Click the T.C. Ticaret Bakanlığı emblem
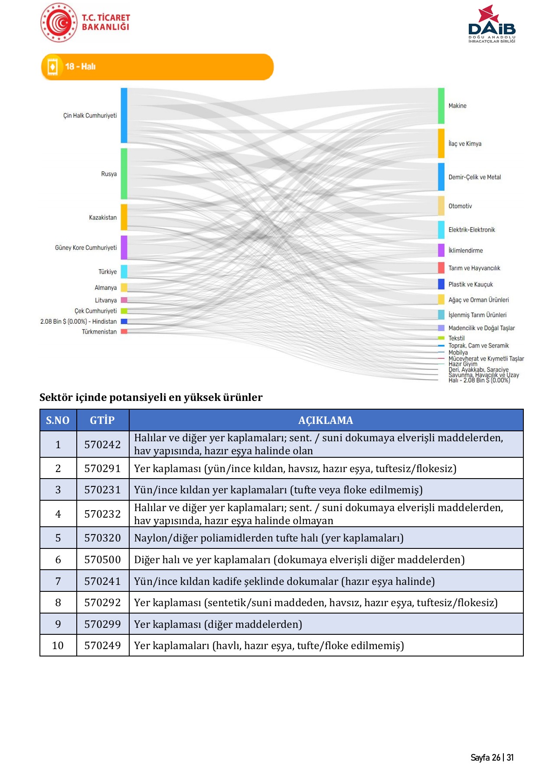[x=59, y=23]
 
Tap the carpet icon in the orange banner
[x=52, y=67]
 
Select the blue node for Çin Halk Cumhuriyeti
[x=124, y=115]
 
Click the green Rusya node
[x=124, y=174]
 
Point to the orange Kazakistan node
[x=124, y=217]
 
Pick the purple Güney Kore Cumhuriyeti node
[x=124, y=247]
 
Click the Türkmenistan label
[x=99, y=332]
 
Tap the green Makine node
[x=441, y=106]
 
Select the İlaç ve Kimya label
[x=465, y=144]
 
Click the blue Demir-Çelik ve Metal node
[x=441, y=177]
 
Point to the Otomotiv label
[x=460, y=206]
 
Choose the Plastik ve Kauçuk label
[x=470, y=285]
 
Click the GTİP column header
[x=102, y=420]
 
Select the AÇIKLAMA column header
[x=326, y=420]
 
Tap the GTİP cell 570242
[x=102, y=444]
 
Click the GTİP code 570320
[x=102, y=538]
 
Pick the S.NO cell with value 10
[x=58, y=646]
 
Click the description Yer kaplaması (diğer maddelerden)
[x=218, y=624]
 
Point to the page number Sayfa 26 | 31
[x=492, y=758]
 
